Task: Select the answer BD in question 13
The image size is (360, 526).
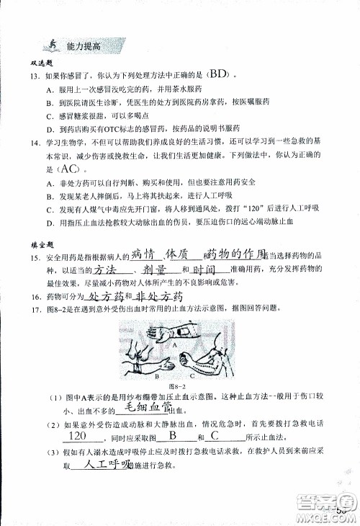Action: pyautogui.click(x=219, y=74)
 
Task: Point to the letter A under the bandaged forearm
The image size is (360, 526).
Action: pyautogui.click(x=175, y=344)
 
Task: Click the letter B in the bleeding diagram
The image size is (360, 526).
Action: pyautogui.click(x=157, y=375)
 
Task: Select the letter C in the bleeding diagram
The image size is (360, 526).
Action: pyautogui.click(x=191, y=375)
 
